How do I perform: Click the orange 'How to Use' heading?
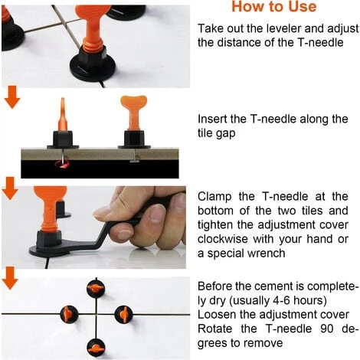pos(274,6)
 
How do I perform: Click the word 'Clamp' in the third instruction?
pos(214,197)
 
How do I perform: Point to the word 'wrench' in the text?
pos(268,254)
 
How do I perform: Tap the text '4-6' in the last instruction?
pos(281,300)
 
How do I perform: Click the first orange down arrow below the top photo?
pos(12,97)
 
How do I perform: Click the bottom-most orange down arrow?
pos(10,278)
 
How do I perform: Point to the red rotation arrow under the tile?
pos(62,164)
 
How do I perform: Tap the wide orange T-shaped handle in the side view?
pos(133,113)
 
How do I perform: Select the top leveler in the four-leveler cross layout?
pos(96,288)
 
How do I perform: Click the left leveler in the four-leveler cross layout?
pos(69,314)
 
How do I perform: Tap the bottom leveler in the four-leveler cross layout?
pos(96,348)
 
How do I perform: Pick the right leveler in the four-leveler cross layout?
pos(123,314)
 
